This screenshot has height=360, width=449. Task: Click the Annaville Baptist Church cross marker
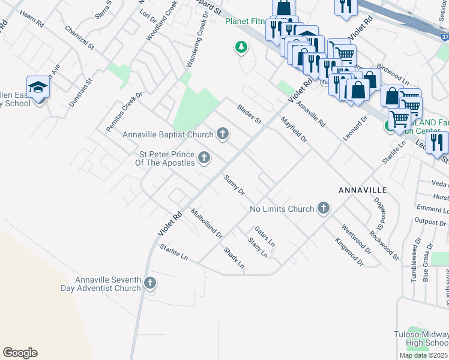pyautogui.click(x=223, y=133)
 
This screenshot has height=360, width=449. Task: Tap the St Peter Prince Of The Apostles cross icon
pyautogui.click(x=204, y=158)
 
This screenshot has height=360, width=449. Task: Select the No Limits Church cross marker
pyautogui.click(x=323, y=208)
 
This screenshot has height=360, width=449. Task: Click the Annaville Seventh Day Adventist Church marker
pyautogui.click(x=149, y=283)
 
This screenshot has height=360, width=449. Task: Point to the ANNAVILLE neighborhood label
pyautogui.click(x=362, y=190)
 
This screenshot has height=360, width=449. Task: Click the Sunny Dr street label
pyautogui.click(x=234, y=185)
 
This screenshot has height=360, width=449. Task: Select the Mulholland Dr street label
pyautogui.click(x=206, y=223)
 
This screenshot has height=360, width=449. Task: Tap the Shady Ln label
pyautogui.click(x=234, y=257)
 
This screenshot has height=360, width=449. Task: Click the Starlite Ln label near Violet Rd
pyautogui.click(x=174, y=252)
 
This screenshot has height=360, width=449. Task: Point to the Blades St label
pyautogui.click(x=249, y=113)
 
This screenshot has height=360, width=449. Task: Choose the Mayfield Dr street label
pyautogui.click(x=294, y=129)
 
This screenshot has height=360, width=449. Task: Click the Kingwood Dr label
pyautogui.click(x=349, y=253)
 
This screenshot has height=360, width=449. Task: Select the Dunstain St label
pyautogui.click(x=80, y=92)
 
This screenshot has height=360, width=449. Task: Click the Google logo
pyautogui.click(x=20, y=353)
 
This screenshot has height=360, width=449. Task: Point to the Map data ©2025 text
pyautogui.click(x=423, y=355)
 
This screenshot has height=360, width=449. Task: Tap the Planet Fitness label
pyautogui.click(x=244, y=21)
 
